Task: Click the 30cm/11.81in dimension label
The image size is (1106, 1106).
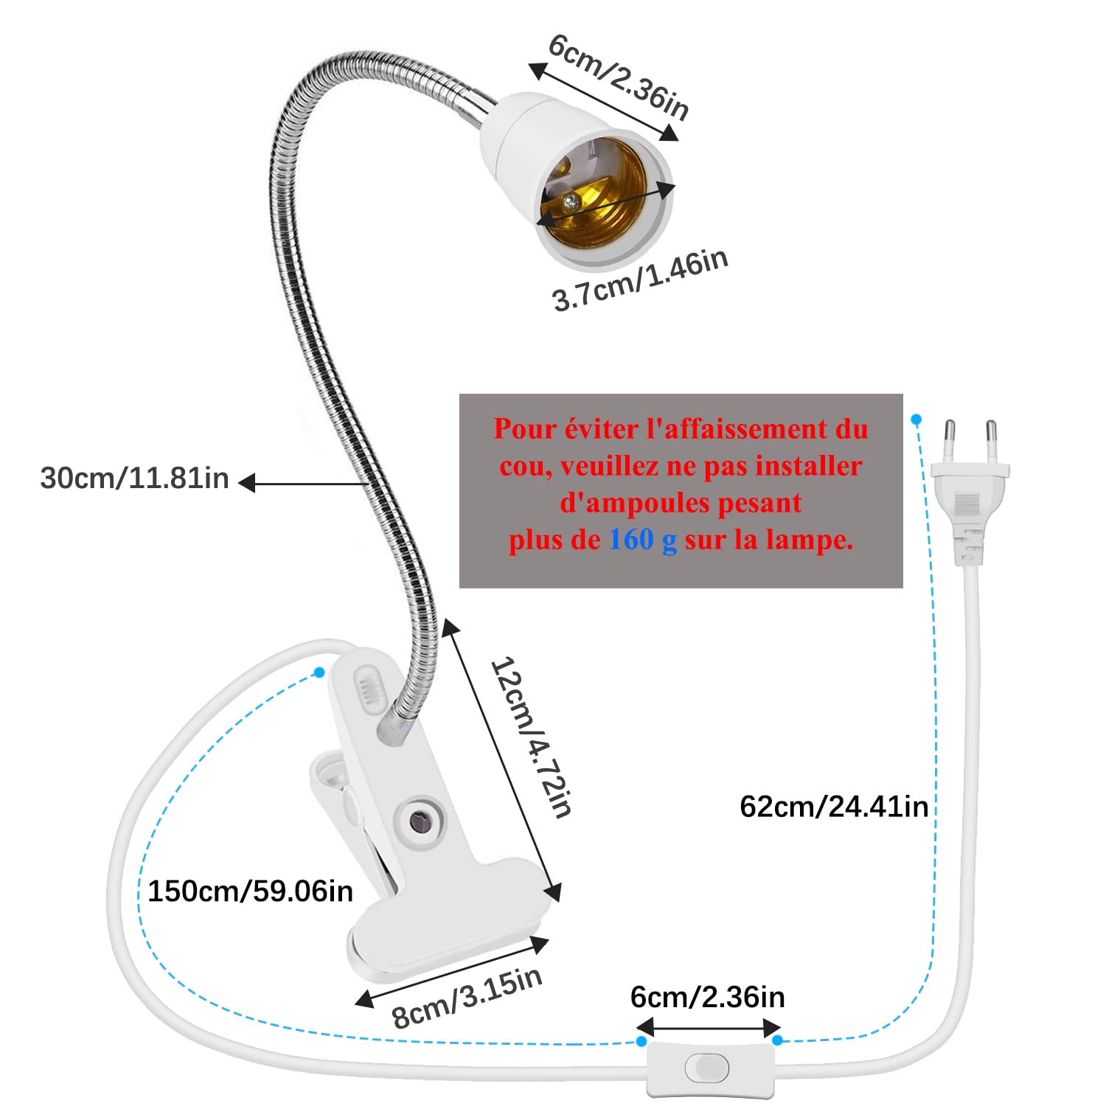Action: point(134,479)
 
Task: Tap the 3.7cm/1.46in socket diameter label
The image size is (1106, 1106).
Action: point(640,280)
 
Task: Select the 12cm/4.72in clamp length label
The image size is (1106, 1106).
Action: point(531,737)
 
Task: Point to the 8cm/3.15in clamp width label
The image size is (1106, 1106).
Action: point(467,997)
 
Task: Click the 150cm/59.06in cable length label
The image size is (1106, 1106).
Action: point(250,891)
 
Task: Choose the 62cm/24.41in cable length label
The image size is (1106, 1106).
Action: point(833,806)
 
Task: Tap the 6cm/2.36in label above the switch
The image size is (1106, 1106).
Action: point(707,998)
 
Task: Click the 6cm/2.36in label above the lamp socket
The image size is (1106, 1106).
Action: point(619,77)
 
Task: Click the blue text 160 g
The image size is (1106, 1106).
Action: point(643,540)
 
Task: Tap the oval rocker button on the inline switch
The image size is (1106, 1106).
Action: point(706,1067)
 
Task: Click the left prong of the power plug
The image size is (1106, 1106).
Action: point(950,441)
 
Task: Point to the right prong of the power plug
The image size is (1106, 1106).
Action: point(992,441)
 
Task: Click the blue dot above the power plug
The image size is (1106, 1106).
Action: point(916,420)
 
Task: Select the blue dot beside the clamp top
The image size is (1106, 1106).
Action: point(319,672)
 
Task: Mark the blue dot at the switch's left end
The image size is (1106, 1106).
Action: point(641,1041)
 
